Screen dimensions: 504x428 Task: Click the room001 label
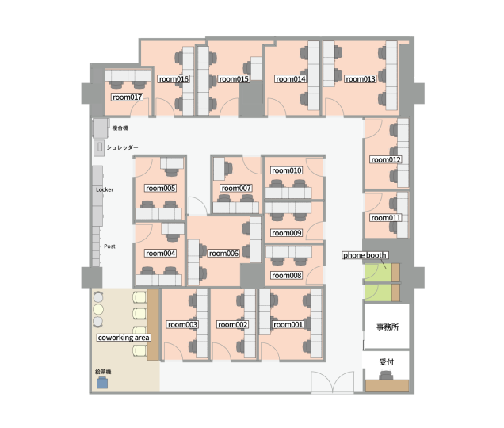(x=288, y=325)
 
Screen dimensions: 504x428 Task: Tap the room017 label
(x=128, y=97)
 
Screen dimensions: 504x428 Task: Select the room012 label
(x=386, y=160)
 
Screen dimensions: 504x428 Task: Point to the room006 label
(x=223, y=254)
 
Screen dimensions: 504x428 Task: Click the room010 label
(x=287, y=170)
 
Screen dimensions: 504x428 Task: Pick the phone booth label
(x=365, y=255)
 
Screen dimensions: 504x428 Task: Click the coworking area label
(x=124, y=338)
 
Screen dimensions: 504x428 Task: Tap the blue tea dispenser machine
(x=102, y=383)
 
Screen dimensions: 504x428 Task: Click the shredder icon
(x=99, y=148)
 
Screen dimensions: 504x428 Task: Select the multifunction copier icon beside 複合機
(x=101, y=128)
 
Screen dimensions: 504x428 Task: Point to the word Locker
(x=105, y=189)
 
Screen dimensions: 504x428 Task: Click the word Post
(x=109, y=246)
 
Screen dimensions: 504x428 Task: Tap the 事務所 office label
(x=388, y=327)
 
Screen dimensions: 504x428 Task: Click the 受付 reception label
(x=387, y=362)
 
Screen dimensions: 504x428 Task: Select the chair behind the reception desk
(x=386, y=376)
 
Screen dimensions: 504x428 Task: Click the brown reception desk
(x=387, y=385)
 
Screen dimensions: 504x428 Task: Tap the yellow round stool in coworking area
(x=98, y=310)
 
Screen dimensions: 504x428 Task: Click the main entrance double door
(x=333, y=382)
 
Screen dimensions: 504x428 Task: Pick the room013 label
(x=361, y=79)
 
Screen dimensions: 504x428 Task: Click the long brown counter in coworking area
(x=153, y=324)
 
